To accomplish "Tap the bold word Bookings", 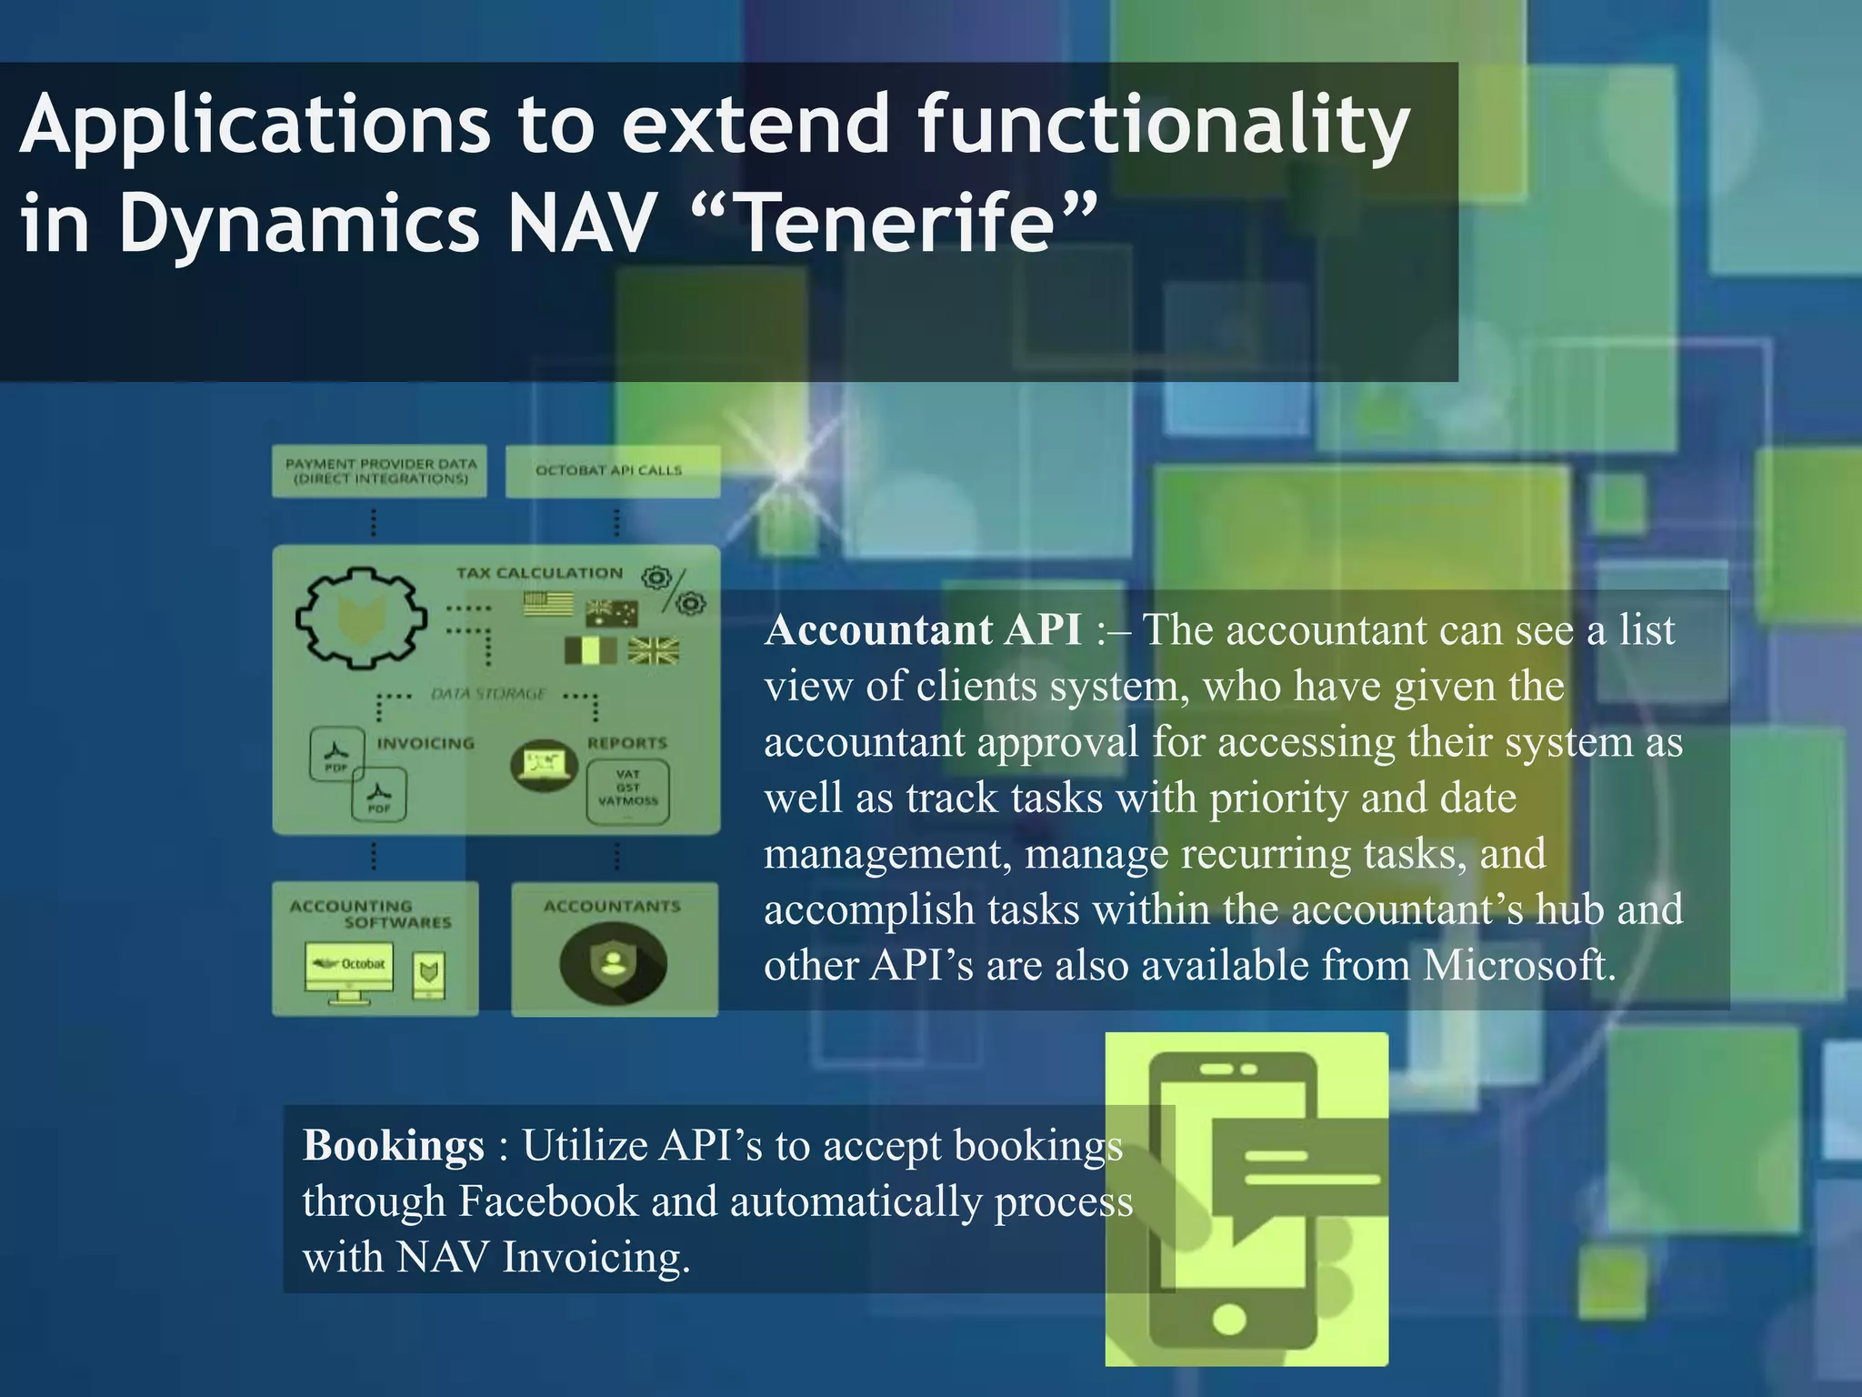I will tap(393, 1145).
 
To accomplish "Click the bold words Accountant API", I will tap(923, 629).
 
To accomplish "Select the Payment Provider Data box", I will tap(380, 471).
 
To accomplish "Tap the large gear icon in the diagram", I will tap(360, 618).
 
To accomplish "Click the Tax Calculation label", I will tap(539, 573).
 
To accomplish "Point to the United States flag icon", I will tap(548, 604).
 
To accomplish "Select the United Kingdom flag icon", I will tap(653, 650).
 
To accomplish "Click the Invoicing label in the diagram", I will tap(425, 743).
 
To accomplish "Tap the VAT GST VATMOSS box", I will tap(627, 788).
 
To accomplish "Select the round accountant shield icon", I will tap(613, 962).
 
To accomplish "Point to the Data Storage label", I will tap(488, 694).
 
